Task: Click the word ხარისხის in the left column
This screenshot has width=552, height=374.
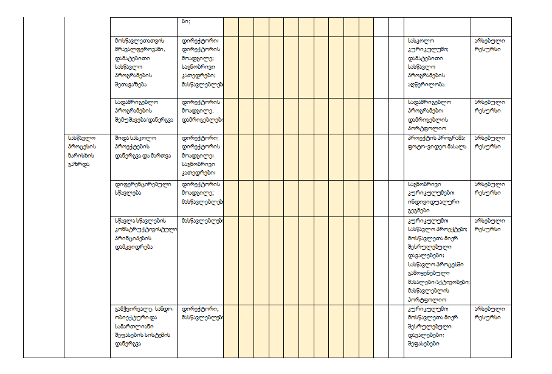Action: pos(80,154)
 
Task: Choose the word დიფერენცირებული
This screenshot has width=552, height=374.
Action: pos(143,184)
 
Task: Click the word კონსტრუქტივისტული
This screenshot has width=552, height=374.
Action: pos(145,229)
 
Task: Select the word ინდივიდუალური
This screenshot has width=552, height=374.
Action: pos(432,201)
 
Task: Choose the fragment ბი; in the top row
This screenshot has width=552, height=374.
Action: pos(185,21)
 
